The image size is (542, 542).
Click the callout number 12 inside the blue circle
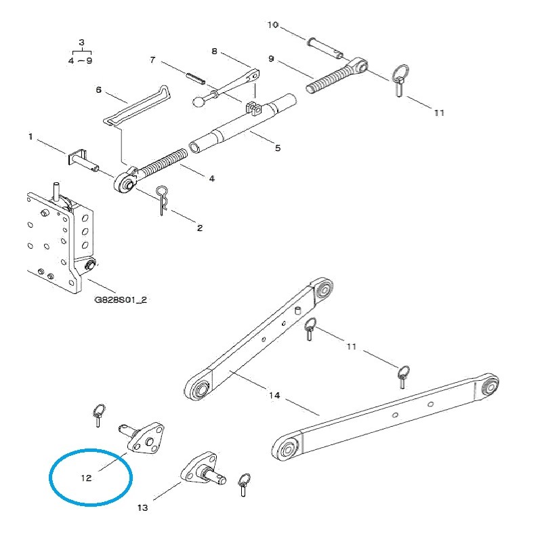point(86,478)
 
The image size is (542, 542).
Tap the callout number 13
point(142,507)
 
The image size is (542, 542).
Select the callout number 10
point(272,25)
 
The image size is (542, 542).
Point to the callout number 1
point(30,137)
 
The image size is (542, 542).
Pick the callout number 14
point(274,394)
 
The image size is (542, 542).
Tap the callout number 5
point(277,147)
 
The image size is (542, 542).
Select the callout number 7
point(152,60)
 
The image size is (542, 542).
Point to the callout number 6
point(98,89)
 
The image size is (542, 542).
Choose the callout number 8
point(214,51)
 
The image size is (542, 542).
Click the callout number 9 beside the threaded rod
point(271,60)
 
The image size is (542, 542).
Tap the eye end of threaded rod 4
point(126,181)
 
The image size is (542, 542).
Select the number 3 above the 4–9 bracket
point(82,43)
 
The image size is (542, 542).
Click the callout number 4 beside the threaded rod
point(211,178)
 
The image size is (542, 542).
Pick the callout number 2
point(199,228)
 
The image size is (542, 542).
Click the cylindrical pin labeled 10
point(323,47)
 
